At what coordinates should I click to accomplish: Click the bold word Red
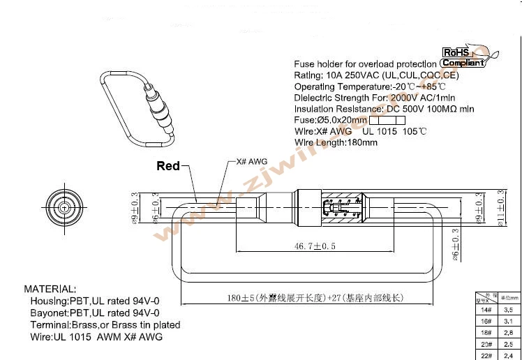point(167,166)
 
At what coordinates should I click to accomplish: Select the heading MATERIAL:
point(50,288)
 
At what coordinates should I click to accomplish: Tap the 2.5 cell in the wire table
point(509,344)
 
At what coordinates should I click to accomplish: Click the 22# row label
point(484,356)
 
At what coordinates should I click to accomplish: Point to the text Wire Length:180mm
point(336,142)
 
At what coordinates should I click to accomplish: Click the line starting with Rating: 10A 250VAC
point(376,75)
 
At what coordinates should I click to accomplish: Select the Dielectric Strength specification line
point(375,98)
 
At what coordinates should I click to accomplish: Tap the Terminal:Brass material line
point(105,325)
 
